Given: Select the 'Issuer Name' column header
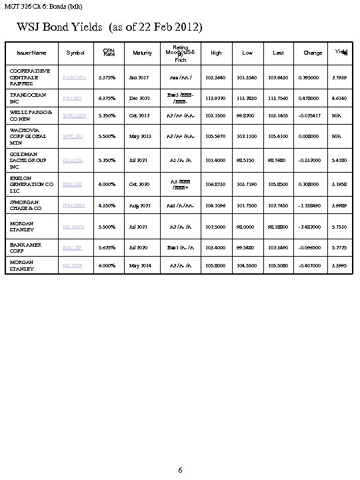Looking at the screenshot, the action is click(33, 53).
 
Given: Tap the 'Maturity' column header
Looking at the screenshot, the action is click(143, 53).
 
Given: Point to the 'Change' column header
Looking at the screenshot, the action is click(312, 53).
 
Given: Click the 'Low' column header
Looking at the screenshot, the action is click(247, 53).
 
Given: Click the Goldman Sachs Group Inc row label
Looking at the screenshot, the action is click(30, 160).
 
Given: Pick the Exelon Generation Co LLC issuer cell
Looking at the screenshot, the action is click(32, 184).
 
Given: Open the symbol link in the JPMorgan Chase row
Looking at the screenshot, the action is click(75, 206).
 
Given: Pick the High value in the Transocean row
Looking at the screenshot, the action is click(215, 99).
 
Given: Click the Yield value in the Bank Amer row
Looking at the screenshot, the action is click(340, 247).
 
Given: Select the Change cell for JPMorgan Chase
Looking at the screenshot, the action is click(312, 206).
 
